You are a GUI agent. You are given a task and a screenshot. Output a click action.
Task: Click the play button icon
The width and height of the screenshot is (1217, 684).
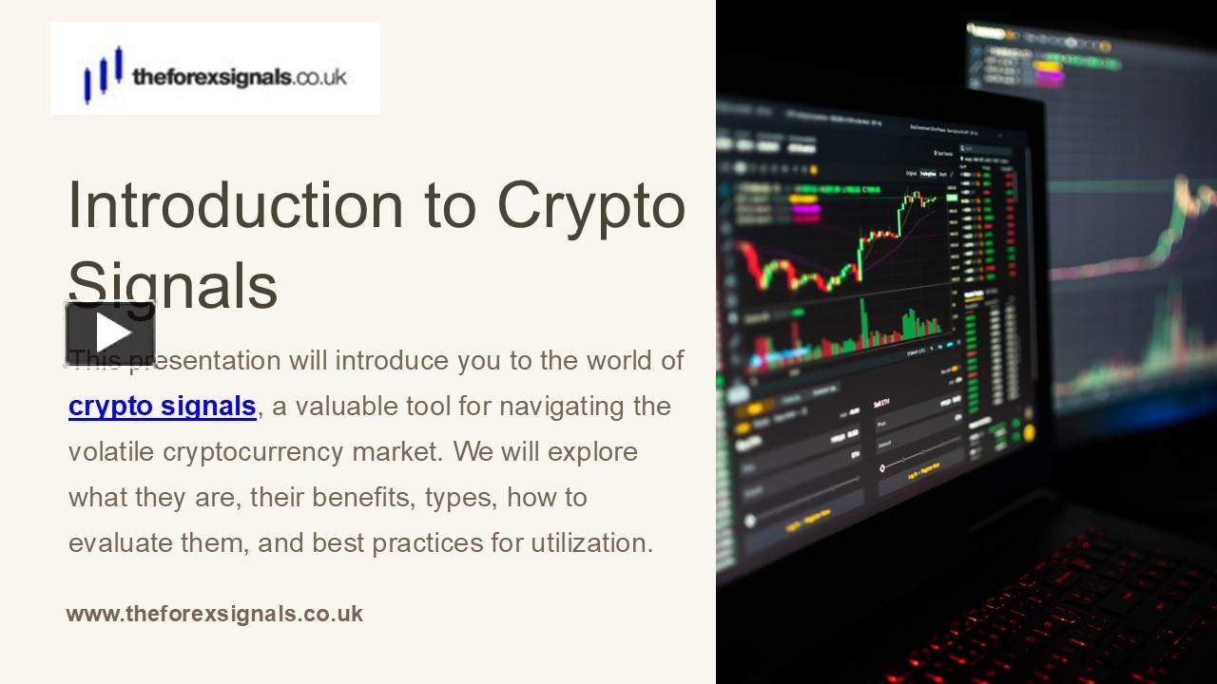tap(110, 333)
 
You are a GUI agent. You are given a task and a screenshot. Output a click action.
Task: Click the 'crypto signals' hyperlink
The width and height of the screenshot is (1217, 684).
tap(163, 407)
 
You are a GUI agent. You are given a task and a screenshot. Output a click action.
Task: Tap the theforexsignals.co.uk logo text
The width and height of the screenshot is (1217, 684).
tap(240, 77)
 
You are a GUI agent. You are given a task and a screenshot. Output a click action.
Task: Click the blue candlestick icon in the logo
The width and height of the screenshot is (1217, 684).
tap(103, 74)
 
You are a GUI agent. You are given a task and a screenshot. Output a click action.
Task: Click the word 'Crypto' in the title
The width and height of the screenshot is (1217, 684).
tap(590, 204)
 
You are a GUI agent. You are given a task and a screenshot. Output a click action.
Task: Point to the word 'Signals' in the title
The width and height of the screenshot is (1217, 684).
tap(173, 284)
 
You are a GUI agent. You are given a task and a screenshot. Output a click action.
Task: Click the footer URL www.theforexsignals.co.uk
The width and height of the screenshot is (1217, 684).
tap(215, 614)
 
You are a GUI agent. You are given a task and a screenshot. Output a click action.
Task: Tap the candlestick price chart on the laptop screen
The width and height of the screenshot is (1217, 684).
tap(837, 247)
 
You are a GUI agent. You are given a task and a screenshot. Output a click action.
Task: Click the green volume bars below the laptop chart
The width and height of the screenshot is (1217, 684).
tap(884, 328)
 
